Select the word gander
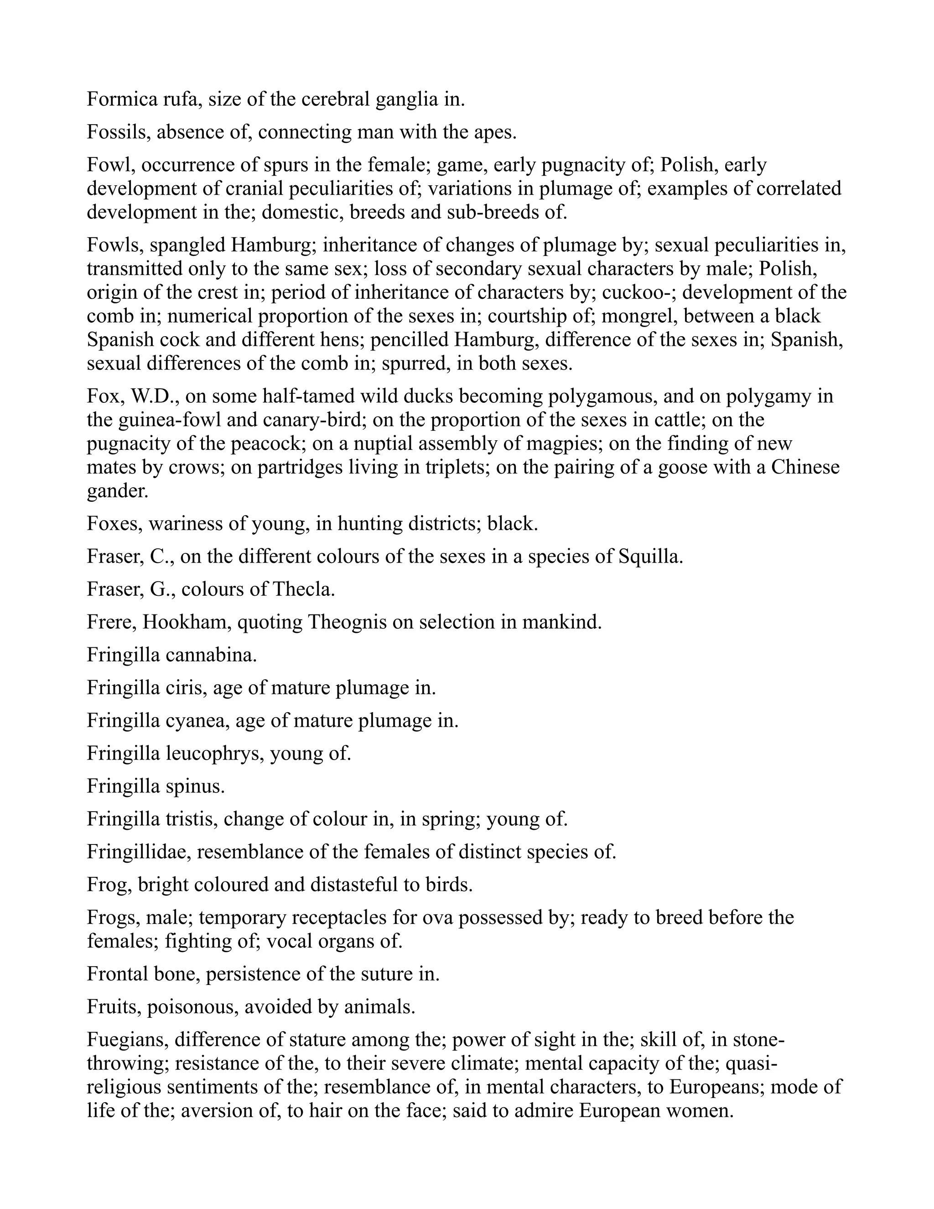117,491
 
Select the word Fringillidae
138,852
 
